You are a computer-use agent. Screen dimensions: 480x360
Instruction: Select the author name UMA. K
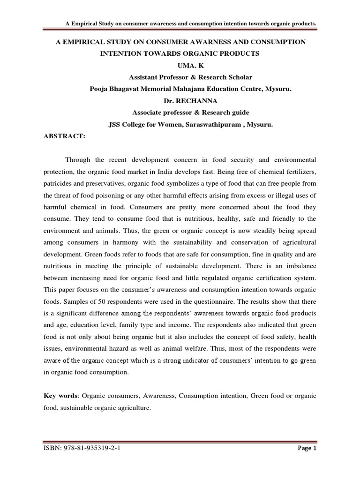coord(180,66)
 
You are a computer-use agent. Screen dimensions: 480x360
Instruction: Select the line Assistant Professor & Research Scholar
coord(180,77)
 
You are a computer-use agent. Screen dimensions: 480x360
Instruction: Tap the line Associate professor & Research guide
coord(180,112)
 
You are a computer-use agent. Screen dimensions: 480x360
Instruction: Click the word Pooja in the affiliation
coord(99,89)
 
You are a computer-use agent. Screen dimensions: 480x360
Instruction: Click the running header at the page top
coord(189,23)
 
